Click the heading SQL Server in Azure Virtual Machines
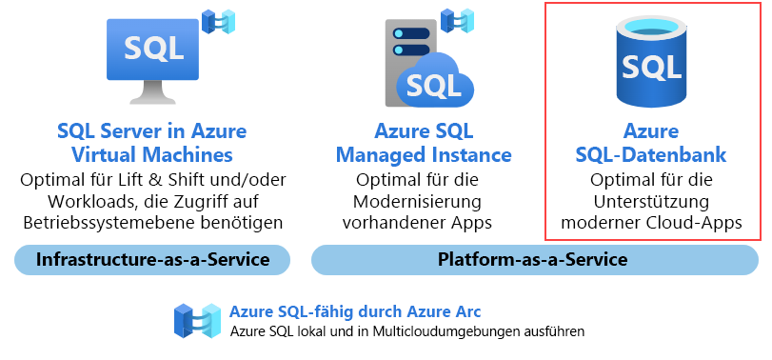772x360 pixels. tap(152, 142)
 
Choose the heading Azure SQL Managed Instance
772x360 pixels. tap(424, 142)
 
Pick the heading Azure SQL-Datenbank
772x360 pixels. tap(652, 142)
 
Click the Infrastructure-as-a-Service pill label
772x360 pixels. tap(152, 259)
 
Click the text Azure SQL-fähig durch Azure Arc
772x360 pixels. tap(355, 311)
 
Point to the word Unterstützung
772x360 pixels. tap(652, 201)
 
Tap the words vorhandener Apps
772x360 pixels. tap(424, 223)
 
